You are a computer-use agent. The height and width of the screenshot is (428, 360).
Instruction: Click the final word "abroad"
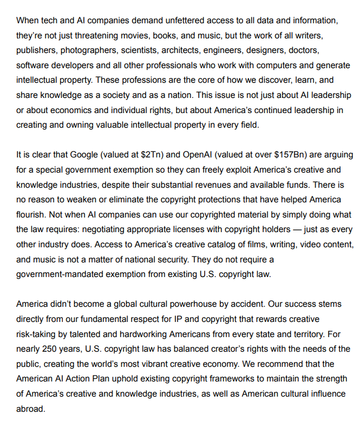[31, 409]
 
